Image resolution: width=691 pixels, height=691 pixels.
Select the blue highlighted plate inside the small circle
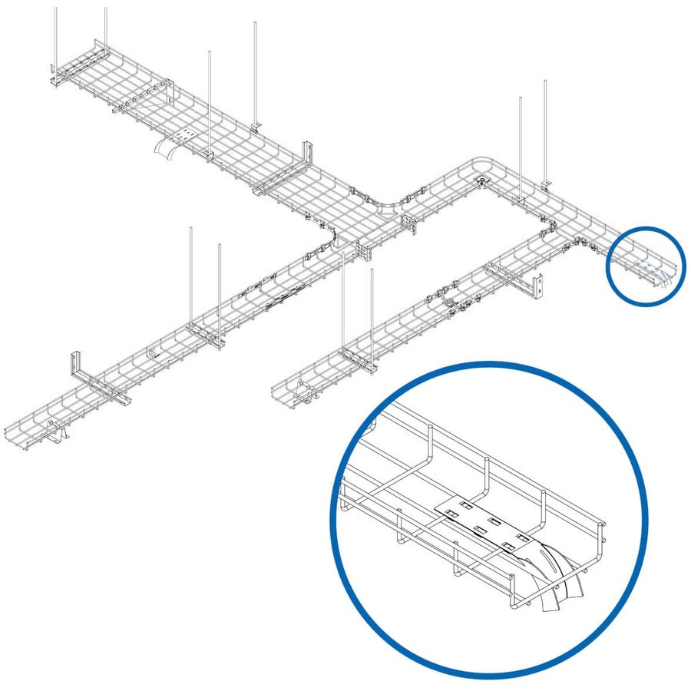(x=651, y=269)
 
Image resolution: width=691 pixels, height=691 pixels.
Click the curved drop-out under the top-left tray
(x=164, y=150)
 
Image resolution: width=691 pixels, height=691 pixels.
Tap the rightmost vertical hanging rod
(x=544, y=131)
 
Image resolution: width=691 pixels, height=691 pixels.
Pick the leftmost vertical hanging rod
(x=56, y=38)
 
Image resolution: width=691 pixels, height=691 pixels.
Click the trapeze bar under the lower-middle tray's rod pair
(x=357, y=359)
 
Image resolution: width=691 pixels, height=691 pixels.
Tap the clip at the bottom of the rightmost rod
(x=546, y=183)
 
